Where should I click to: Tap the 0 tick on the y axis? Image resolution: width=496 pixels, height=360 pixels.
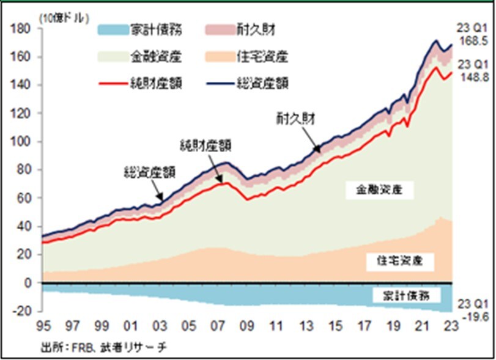pyautogui.click(x=28, y=284)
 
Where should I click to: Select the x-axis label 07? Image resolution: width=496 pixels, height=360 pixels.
pyautogui.click(x=217, y=325)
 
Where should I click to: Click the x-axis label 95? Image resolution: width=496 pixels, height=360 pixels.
pyautogui.click(x=42, y=325)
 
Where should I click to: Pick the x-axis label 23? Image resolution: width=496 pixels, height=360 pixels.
pyautogui.click(x=451, y=325)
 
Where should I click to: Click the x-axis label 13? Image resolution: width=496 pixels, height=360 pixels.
pyautogui.click(x=305, y=325)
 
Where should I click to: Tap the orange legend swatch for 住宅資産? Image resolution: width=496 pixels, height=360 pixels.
pyautogui.click(x=217, y=56)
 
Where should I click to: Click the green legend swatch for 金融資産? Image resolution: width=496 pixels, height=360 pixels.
pyautogui.click(x=112, y=56)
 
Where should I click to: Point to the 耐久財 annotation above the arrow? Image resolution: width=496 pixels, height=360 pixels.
pyautogui.click(x=295, y=119)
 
